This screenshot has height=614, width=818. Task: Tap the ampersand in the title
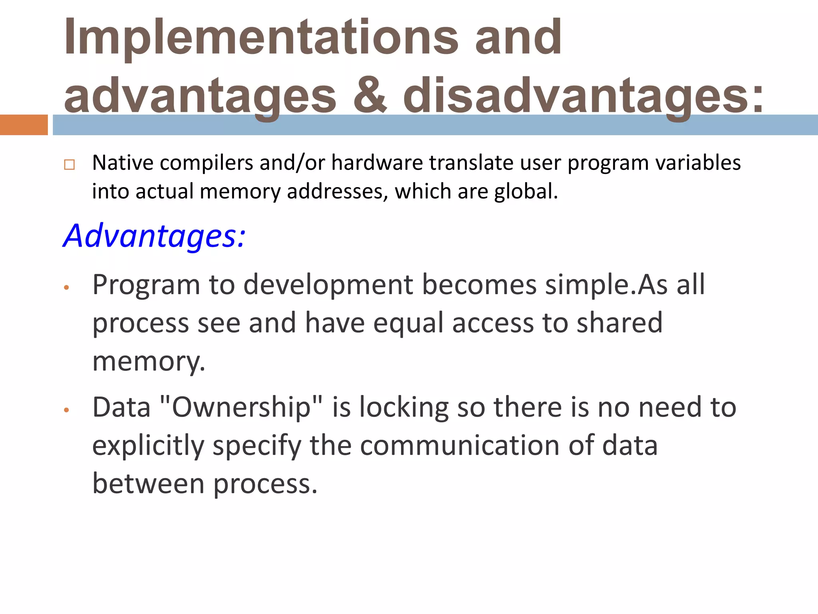tap(370, 96)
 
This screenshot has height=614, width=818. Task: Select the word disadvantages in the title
tap(583, 96)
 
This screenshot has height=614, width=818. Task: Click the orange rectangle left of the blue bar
tap(24, 125)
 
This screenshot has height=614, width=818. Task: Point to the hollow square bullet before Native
tap(69, 165)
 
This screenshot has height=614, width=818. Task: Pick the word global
tap(526, 191)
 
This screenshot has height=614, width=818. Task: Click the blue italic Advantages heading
tap(154, 236)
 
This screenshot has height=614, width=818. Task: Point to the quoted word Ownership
tap(241, 407)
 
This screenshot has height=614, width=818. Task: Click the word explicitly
tap(148, 446)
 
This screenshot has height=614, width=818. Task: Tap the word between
tap(148, 484)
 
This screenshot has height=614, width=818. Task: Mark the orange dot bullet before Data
tap(67, 410)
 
